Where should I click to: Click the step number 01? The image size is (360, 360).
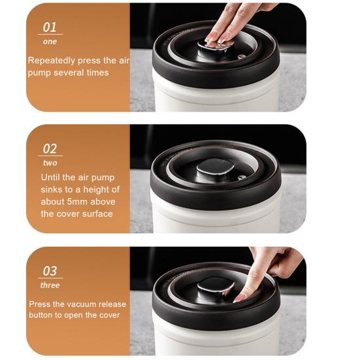point(50,27)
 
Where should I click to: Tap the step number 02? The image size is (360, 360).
point(50,149)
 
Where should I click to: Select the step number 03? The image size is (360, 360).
point(50,271)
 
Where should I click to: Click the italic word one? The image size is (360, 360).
point(50,42)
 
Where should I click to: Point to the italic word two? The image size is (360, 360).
point(50,163)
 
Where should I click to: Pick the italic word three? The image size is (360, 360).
point(50,285)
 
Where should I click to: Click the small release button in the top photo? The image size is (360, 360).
point(241,56)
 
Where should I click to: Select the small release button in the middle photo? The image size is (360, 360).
point(242,178)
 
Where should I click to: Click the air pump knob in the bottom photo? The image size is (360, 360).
point(215,289)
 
